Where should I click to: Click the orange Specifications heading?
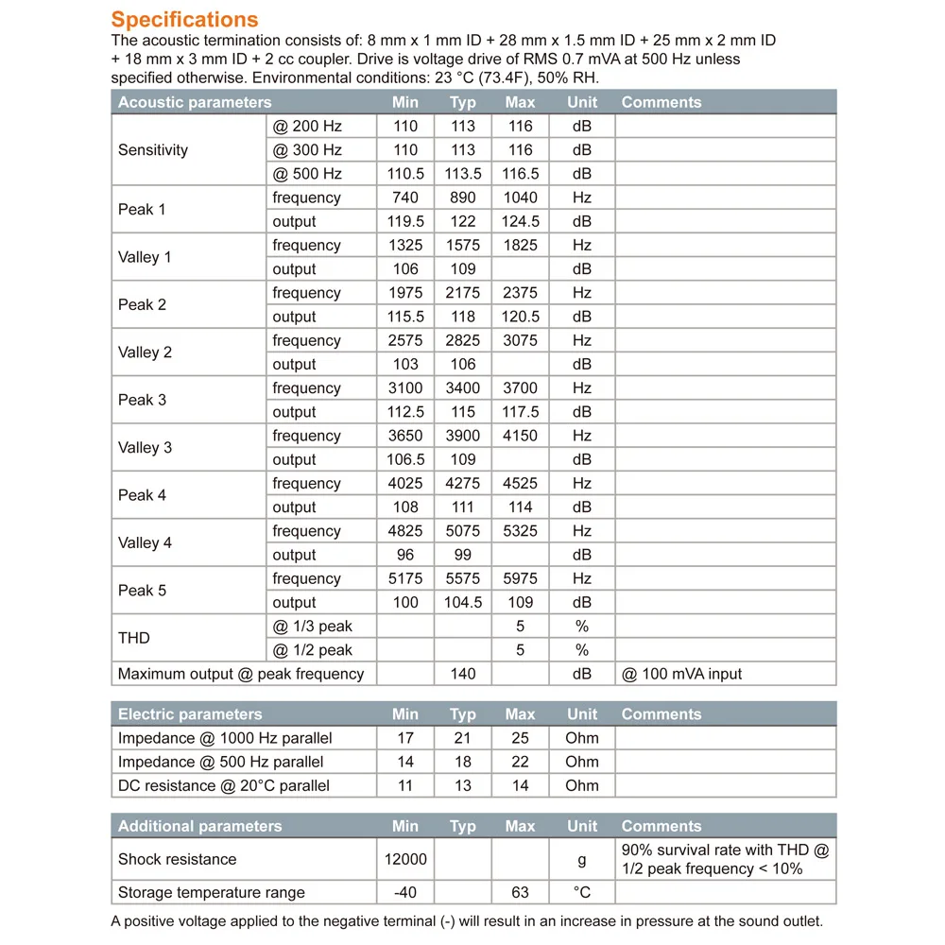pyautogui.click(x=184, y=20)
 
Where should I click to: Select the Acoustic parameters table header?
pyautogui.click(x=195, y=102)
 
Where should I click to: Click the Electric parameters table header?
pyautogui.click(x=190, y=714)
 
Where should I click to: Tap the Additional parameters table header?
pyautogui.click(x=200, y=826)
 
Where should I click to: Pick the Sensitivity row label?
pyautogui.click(x=153, y=150)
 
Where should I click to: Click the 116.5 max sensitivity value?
pyautogui.click(x=520, y=174)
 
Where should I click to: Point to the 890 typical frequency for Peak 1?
pyautogui.click(x=463, y=198)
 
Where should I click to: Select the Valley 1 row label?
pyautogui.click(x=145, y=257)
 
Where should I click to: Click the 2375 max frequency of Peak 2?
pyautogui.click(x=520, y=293)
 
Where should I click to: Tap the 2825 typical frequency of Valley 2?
pyautogui.click(x=463, y=340)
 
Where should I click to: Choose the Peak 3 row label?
pyautogui.click(x=142, y=400)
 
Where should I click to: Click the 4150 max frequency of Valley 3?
pyautogui.click(x=520, y=436)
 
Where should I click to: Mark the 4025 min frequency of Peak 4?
pyautogui.click(x=405, y=484)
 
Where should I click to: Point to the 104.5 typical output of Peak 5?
pyautogui.click(x=463, y=603)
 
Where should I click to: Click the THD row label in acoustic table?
pyautogui.click(x=134, y=638)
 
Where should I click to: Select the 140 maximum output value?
pyautogui.click(x=463, y=674)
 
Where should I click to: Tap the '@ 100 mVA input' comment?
pyautogui.click(x=682, y=674)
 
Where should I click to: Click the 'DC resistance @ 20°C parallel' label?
pyautogui.click(x=224, y=785)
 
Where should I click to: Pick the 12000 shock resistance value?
pyautogui.click(x=405, y=859)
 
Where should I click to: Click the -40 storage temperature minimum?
pyautogui.click(x=405, y=892)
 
